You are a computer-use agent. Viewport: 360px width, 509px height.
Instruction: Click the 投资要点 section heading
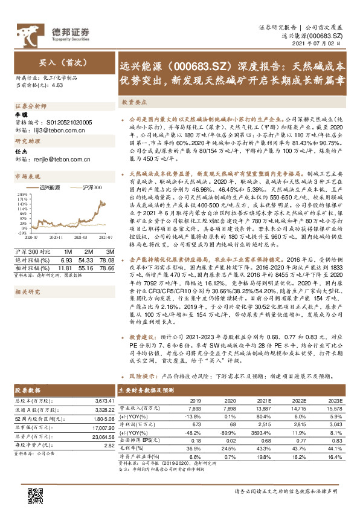(133, 103)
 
